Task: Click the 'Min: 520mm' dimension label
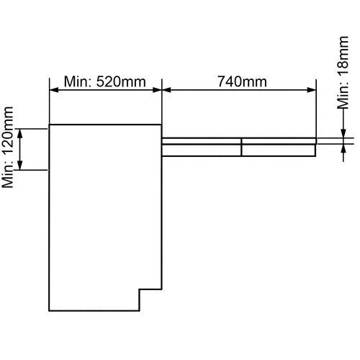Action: pyautogui.click(x=105, y=82)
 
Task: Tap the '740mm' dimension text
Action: pyautogui.click(x=242, y=81)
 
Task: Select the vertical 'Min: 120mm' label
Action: pyautogui.click(x=7, y=147)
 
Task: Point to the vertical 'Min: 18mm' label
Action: pyautogui.click(x=343, y=72)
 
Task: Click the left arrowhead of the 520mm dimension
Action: pyautogui.click(x=54, y=90)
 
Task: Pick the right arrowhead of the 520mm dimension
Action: pyautogui.click(x=157, y=90)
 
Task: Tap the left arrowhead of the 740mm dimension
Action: pyautogui.click(x=167, y=90)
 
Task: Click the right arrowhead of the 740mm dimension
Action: pyautogui.click(x=312, y=90)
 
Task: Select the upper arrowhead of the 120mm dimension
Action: pyautogui.click(x=20, y=133)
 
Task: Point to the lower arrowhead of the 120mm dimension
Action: pyautogui.click(x=20, y=166)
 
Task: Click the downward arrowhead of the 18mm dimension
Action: pyautogui.click(x=343, y=133)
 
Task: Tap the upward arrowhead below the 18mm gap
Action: pyautogui.click(x=343, y=148)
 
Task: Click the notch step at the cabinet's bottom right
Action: pyautogui.click(x=140, y=289)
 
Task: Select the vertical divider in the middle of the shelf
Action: pyautogui.click(x=241, y=147)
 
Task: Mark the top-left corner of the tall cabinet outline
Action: pyautogui.click(x=49, y=125)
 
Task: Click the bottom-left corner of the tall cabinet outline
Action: pyautogui.click(x=49, y=311)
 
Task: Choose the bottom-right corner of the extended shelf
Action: pyautogui.click(x=315, y=156)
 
